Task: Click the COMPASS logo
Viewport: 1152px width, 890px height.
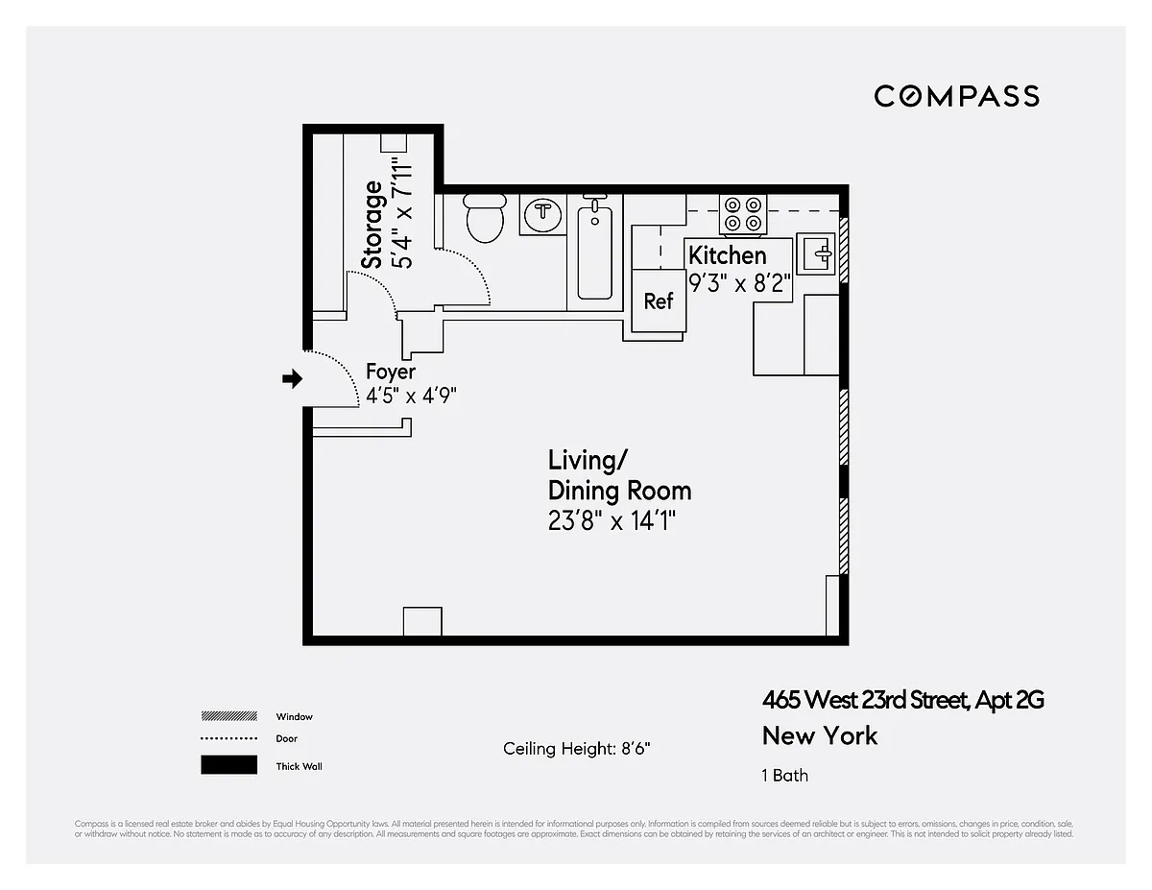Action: [x=956, y=96]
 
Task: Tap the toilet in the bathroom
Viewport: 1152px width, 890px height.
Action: [x=485, y=218]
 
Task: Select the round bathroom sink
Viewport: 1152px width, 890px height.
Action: [x=543, y=214]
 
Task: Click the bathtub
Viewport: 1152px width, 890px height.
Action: [x=595, y=250]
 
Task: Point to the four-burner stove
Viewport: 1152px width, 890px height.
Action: [x=744, y=213]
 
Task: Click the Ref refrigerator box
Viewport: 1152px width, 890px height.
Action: [x=659, y=301]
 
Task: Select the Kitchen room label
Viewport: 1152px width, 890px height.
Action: [x=728, y=255]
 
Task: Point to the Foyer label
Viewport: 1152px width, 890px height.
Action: [x=391, y=372]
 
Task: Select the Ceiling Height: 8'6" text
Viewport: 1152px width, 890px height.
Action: [x=583, y=749]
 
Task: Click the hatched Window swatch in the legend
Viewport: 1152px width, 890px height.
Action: [x=228, y=716]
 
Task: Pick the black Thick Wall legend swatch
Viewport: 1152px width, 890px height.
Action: [x=228, y=765]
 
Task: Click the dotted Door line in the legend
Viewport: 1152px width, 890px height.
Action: [x=228, y=739]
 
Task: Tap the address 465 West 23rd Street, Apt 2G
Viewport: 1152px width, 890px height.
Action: [x=902, y=700]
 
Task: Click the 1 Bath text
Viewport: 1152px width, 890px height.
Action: [x=785, y=775]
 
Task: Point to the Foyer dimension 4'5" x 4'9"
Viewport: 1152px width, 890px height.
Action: [x=411, y=396]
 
